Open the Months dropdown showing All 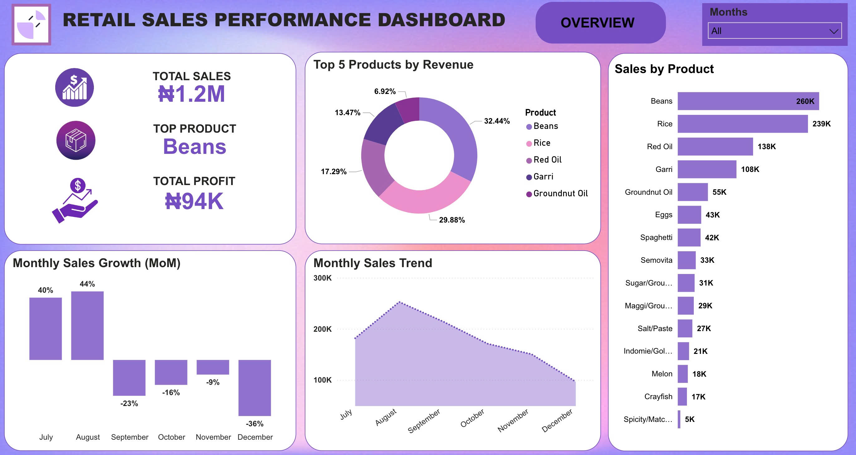pos(774,31)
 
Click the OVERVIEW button pos(601,22)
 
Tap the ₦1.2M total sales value pos(192,94)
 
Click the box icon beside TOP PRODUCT pos(76,140)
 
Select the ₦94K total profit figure pos(194,201)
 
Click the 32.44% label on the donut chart pos(496,121)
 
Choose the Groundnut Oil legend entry pos(560,193)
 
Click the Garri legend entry pos(543,177)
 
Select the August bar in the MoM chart pos(87,325)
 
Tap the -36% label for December pos(255,424)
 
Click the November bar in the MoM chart pos(213,367)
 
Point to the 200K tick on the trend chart pos(322,329)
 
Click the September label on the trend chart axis pos(424,421)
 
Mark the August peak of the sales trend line pos(399,302)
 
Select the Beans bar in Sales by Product pos(748,101)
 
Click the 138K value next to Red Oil pos(766,147)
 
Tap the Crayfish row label pos(658,397)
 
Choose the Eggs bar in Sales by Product pos(689,215)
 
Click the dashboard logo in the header pos(31,24)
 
